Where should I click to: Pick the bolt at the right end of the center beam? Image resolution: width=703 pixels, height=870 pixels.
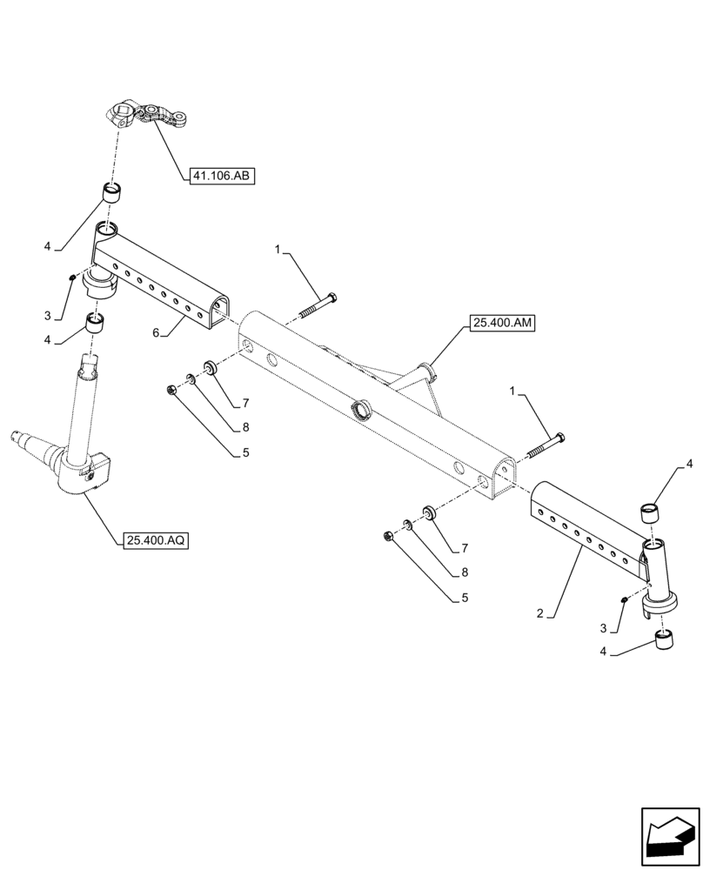coord(546,445)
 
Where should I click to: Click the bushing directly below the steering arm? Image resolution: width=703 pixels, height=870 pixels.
coord(111,192)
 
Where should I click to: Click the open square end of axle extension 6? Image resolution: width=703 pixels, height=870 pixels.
coord(219,308)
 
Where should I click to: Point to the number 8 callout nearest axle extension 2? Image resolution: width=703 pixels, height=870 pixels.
coord(464,572)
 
